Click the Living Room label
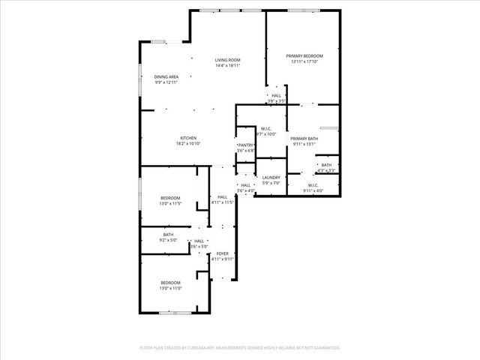click(227, 60)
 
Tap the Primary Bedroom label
click(304, 56)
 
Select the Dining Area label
click(166, 76)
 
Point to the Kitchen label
click(187, 139)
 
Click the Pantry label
click(246, 145)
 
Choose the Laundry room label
click(271, 178)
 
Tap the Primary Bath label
click(304, 139)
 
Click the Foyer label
click(223, 253)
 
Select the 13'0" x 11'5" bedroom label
click(170, 198)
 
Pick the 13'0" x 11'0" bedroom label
click(170, 283)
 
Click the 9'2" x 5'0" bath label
click(169, 235)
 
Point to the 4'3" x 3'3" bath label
click(326, 165)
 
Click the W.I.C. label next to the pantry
click(266, 129)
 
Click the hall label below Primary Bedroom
click(277, 96)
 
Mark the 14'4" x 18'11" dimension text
click(227, 66)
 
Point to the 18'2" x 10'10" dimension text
click(187, 143)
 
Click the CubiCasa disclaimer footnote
click(240, 347)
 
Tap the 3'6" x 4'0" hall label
click(246, 185)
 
